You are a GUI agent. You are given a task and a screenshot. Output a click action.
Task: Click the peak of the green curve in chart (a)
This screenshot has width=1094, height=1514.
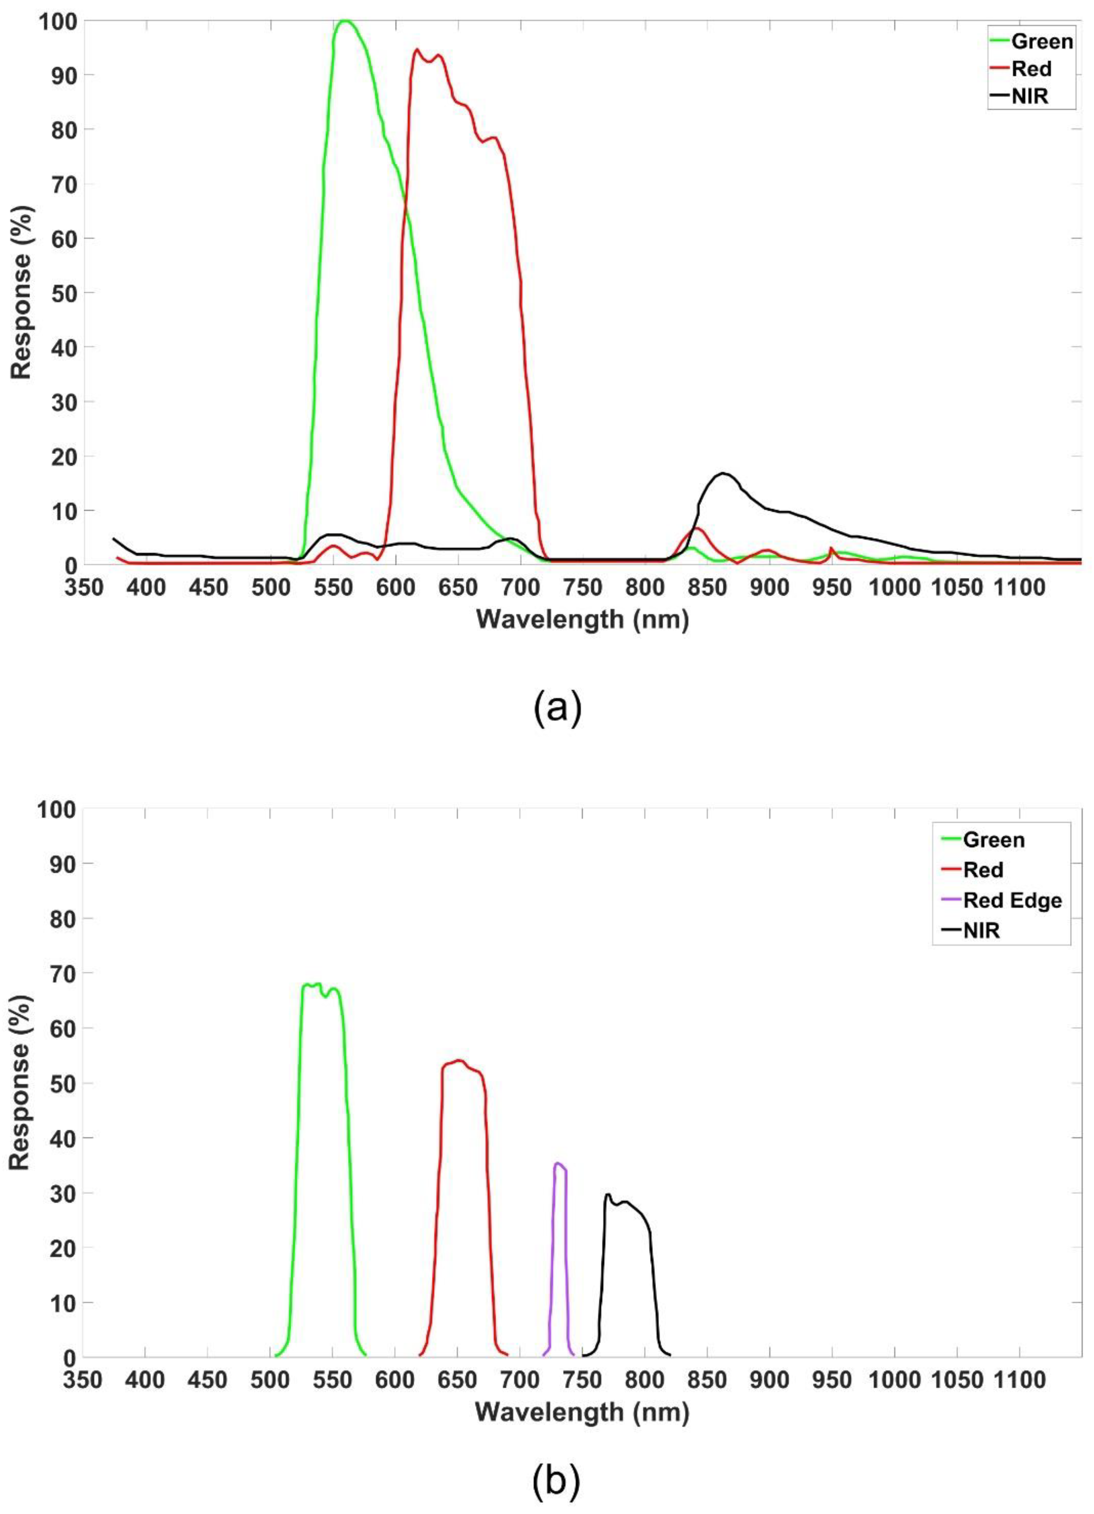345,21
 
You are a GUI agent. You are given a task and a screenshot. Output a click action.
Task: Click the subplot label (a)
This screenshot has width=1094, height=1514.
557,709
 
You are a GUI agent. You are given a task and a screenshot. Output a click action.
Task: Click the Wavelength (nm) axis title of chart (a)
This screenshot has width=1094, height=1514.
582,620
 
